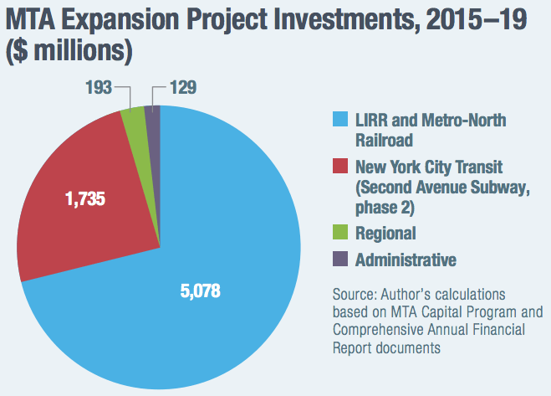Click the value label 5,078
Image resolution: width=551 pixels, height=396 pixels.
204,293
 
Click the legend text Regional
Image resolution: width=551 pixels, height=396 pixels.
385,233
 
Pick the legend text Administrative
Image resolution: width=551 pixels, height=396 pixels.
406,260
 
